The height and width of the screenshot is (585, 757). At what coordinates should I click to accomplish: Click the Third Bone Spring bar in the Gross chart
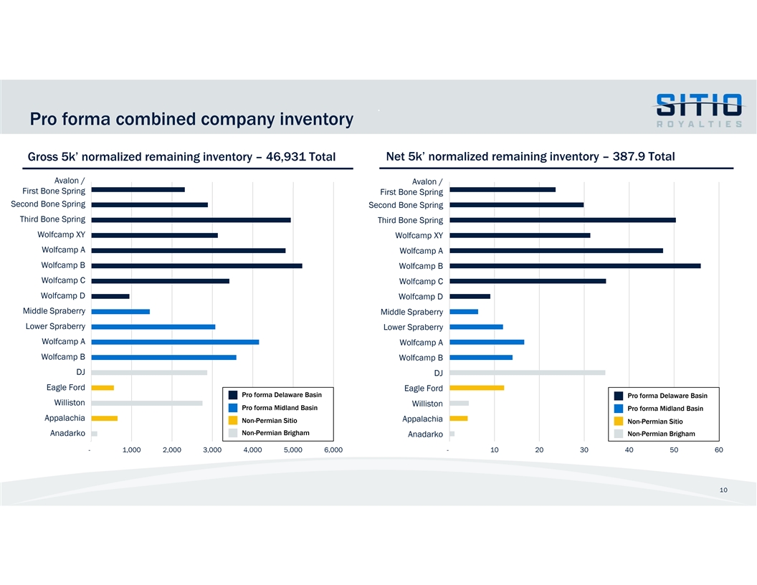tap(191, 220)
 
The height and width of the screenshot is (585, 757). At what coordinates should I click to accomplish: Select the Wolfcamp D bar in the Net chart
tap(470, 296)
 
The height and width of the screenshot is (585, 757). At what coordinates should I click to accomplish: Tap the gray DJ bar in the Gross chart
tap(149, 373)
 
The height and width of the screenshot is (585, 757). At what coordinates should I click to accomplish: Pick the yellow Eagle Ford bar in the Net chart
tap(477, 388)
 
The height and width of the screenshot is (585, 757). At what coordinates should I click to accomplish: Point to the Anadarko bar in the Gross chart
tap(94, 434)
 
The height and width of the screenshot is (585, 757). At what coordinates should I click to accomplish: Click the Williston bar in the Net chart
tap(459, 403)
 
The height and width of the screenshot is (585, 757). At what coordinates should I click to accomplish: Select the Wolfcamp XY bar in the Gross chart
tap(154, 235)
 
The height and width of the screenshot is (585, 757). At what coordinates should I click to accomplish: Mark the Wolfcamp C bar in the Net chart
tap(528, 281)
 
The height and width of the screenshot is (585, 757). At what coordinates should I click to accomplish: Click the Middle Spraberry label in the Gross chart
tap(54, 311)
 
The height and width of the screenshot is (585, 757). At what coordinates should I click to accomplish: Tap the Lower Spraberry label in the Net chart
tap(413, 328)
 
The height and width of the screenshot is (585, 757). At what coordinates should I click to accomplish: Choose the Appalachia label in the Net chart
tap(422, 419)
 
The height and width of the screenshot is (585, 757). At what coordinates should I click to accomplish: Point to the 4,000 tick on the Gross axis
tap(252, 450)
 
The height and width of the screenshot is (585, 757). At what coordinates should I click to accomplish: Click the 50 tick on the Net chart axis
tap(674, 450)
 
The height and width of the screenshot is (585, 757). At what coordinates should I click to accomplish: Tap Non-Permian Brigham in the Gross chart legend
tap(275, 433)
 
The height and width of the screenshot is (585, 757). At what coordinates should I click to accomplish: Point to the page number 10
tap(723, 490)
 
